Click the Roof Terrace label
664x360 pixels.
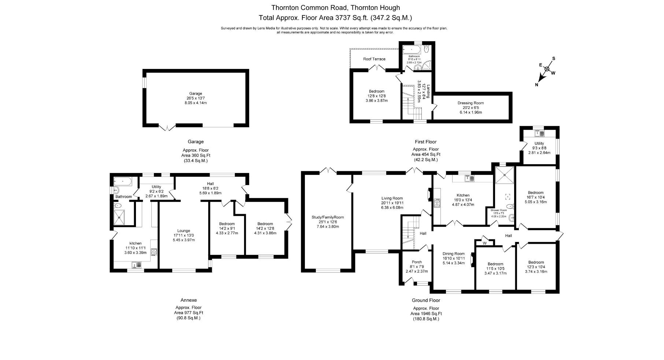(x=374, y=59)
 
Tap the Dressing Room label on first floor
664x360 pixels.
(x=471, y=103)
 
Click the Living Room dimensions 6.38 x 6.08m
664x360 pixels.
(x=392, y=207)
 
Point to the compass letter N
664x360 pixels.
(x=537, y=85)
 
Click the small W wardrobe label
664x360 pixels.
(x=484, y=243)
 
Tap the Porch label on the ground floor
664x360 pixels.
(x=417, y=262)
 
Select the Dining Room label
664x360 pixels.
(x=453, y=254)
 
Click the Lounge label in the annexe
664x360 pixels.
(x=184, y=231)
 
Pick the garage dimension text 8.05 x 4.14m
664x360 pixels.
(x=195, y=103)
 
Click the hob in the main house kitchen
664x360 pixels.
(x=437, y=203)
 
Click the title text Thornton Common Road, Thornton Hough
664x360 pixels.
(x=335, y=7)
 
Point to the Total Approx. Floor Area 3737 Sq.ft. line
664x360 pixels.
(x=335, y=18)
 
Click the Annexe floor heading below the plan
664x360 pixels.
(x=188, y=300)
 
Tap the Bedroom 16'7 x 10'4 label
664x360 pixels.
(x=535, y=193)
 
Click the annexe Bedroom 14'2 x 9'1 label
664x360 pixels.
(x=227, y=224)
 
